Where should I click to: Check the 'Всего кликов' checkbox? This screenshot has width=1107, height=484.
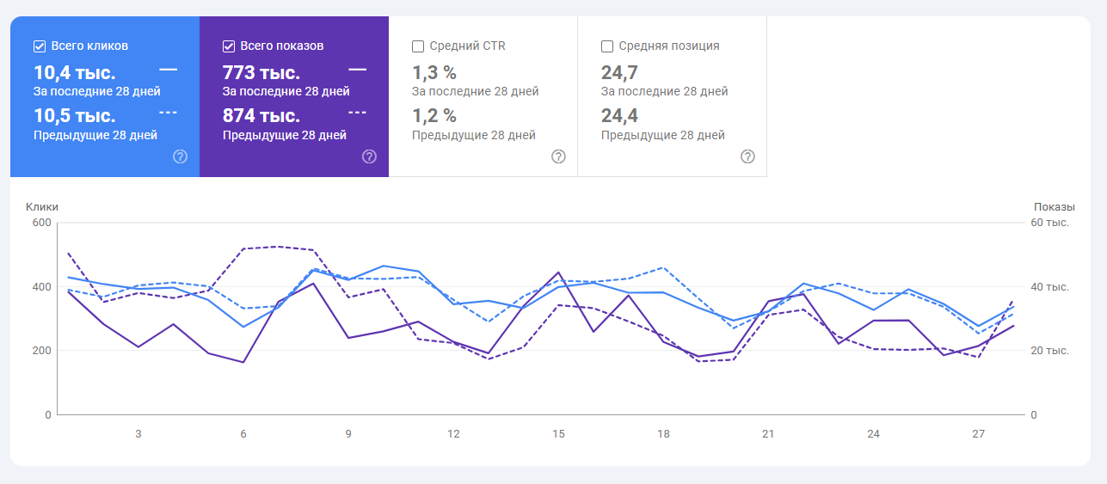(40, 46)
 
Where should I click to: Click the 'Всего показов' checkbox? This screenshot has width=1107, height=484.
(229, 46)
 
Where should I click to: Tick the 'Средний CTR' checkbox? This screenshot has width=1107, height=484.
(418, 46)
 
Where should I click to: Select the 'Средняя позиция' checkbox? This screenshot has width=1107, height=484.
(607, 46)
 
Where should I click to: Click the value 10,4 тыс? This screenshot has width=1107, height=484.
(74, 72)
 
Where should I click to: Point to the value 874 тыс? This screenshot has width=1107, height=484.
(261, 115)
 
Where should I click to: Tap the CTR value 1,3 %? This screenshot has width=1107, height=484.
(434, 72)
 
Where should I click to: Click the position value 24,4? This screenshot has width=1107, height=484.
(619, 115)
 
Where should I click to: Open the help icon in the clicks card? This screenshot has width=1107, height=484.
(180, 156)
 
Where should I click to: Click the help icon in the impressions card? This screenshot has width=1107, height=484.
(369, 156)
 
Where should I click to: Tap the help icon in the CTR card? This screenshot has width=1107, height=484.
(558, 156)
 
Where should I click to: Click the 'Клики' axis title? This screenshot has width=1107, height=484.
(42, 207)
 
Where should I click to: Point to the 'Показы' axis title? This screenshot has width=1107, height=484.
(1054, 207)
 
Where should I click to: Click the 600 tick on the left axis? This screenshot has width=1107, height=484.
(42, 224)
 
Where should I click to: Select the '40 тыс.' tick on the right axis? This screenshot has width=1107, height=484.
(1049, 287)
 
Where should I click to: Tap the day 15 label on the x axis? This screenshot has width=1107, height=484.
(558, 434)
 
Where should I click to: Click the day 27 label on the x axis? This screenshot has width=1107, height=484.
(978, 434)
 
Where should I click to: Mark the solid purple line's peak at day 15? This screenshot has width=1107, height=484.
(558, 273)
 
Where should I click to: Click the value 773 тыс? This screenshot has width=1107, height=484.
(261, 72)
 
